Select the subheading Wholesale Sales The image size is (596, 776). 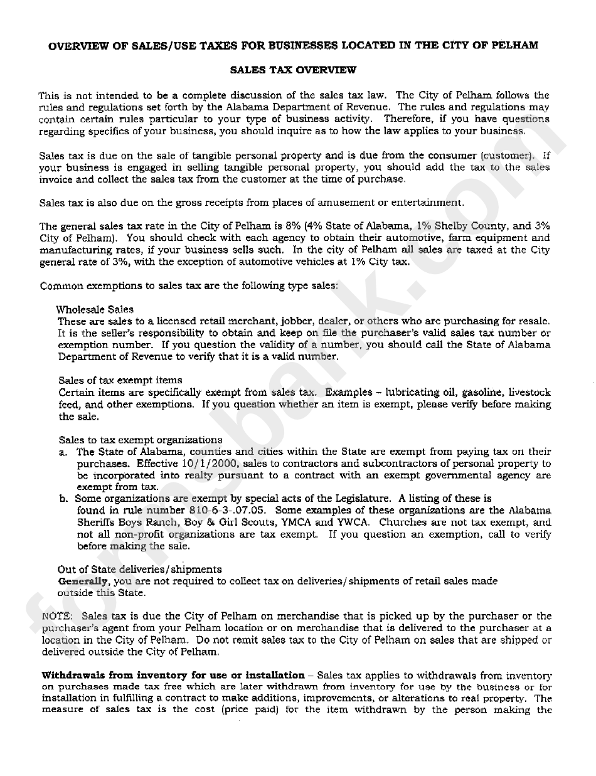click(95, 309)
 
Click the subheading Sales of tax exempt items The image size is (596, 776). click(120, 380)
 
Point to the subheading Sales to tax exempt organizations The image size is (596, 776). click(141, 440)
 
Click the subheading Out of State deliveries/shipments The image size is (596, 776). click(139, 570)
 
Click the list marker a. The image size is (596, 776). click(63, 452)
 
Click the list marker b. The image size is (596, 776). click(63, 499)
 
